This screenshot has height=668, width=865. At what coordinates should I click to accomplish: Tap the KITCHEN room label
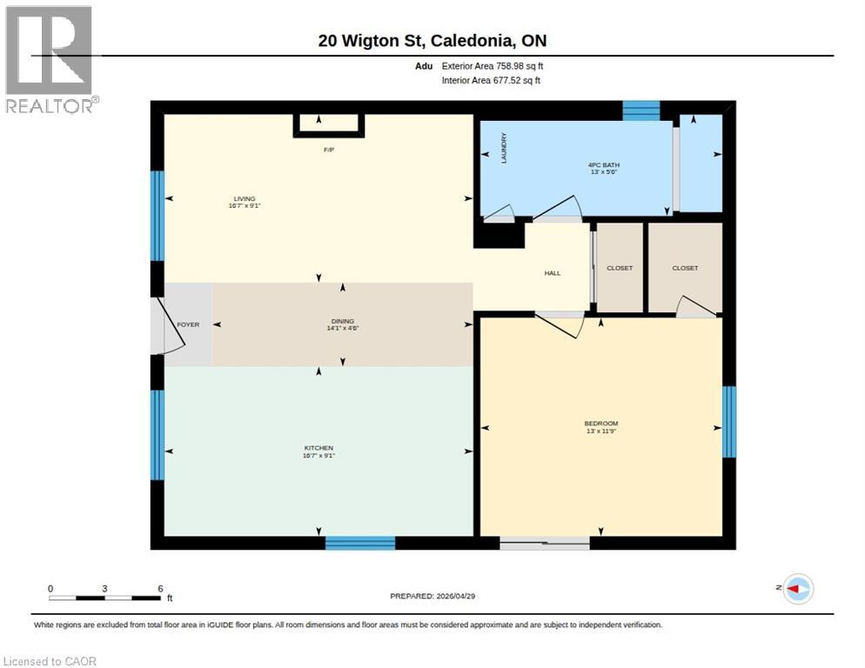(x=319, y=448)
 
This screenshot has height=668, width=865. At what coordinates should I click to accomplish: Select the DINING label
(x=343, y=321)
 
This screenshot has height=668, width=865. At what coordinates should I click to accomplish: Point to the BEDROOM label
(x=600, y=424)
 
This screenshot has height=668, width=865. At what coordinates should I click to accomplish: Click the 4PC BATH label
(x=604, y=164)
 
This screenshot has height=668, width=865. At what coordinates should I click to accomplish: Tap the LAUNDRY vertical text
(x=504, y=149)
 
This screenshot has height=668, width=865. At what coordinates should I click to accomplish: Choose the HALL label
(x=552, y=273)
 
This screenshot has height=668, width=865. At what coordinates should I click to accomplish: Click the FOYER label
(x=188, y=324)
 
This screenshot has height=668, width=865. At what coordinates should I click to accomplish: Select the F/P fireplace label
(x=329, y=150)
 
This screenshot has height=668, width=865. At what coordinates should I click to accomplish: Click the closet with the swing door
(x=685, y=268)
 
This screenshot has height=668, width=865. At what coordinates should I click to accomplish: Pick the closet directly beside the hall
(x=620, y=268)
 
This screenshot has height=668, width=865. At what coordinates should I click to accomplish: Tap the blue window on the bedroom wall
(x=729, y=422)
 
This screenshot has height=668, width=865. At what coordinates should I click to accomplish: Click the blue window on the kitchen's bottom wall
(x=360, y=543)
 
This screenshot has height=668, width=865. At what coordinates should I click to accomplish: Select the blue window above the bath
(x=641, y=110)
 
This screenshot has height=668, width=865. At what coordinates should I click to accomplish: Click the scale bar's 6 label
(x=159, y=589)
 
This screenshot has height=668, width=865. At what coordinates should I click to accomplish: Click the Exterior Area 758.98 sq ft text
(x=493, y=65)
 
